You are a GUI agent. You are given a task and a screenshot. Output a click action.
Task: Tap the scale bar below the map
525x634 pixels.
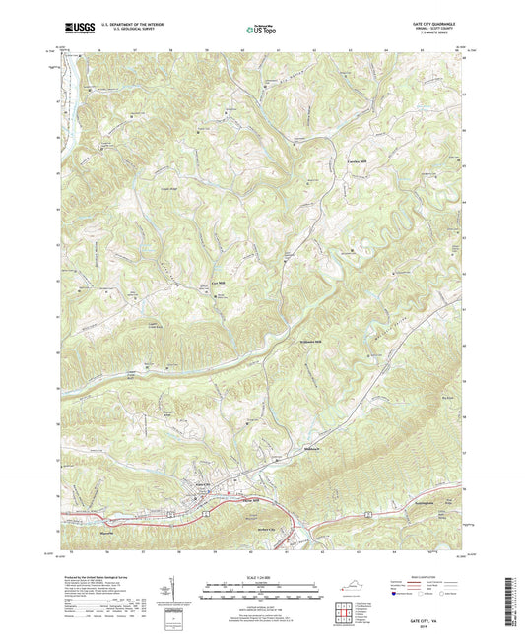click(x=261, y=587)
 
